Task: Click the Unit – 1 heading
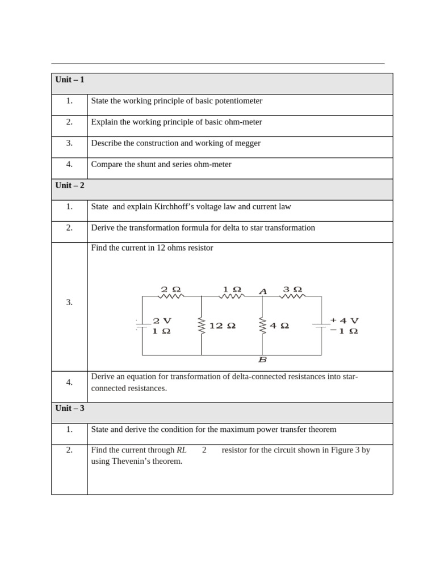click(70, 80)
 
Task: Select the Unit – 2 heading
click(70, 185)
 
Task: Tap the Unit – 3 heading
click(70, 408)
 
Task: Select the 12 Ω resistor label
click(222, 326)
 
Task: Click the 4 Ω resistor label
click(279, 326)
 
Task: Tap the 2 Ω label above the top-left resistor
click(171, 289)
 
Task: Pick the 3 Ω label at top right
click(292, 289)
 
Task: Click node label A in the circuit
click(263, 291)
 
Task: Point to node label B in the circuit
click(262, 360)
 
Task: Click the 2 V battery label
click(162, 321)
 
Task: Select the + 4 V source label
click(345, 321)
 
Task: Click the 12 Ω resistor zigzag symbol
click(202, 326)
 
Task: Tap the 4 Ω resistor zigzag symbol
click(262, 326)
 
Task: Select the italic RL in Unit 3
click(181, 450)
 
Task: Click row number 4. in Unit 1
click(69, 164)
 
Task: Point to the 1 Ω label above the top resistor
click(232, 289)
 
